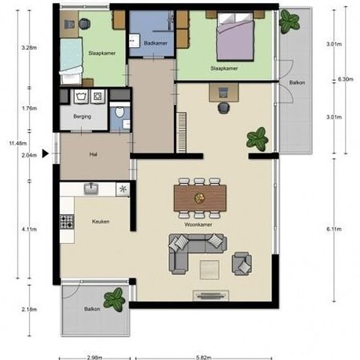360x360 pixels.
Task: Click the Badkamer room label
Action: tap(155, 43)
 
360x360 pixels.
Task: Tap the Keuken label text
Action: tap(101, 221)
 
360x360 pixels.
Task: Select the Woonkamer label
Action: tap(198, 225)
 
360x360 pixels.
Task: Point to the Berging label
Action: tap(82, 117)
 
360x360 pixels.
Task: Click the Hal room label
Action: tap(93, 154)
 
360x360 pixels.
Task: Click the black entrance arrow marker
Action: tap(45, 154)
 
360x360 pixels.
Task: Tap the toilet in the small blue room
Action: tap(119, 111)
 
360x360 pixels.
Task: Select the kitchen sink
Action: tap(91, 189)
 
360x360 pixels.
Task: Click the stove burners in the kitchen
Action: tap(67, 222)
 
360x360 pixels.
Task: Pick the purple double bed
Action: tap(236, 37)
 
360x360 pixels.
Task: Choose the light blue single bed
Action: tap(71, 61)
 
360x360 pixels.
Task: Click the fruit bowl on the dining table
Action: tap(200, 198)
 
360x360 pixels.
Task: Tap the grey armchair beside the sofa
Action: tap(242, 263)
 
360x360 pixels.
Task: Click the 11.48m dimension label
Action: tap(18, 143)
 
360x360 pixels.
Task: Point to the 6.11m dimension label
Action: tap(334, 229)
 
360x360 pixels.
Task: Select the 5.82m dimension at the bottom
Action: tap(204, 357)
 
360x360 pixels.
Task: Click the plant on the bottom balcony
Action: tap(115, 300)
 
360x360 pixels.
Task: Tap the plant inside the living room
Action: tap(257, 139)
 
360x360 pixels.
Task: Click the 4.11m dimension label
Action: tap(29, 229)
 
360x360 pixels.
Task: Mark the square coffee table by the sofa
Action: tap(209, 270)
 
